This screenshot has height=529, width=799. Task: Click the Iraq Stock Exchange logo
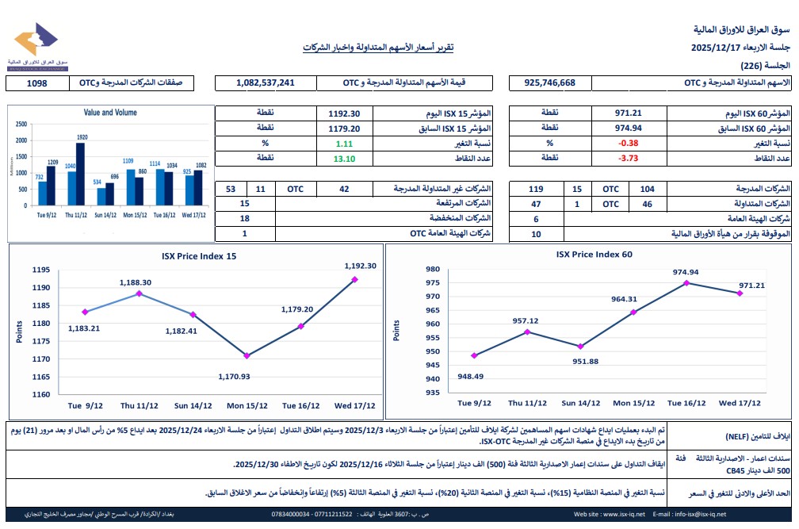36,45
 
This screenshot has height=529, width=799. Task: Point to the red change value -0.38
628,144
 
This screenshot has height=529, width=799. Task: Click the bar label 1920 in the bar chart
81,137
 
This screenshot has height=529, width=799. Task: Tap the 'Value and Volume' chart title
109,113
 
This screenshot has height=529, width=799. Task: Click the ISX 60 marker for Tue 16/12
686,282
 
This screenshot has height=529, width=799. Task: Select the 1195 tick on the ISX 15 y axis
41,270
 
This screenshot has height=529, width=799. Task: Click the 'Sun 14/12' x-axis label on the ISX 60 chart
581,404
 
